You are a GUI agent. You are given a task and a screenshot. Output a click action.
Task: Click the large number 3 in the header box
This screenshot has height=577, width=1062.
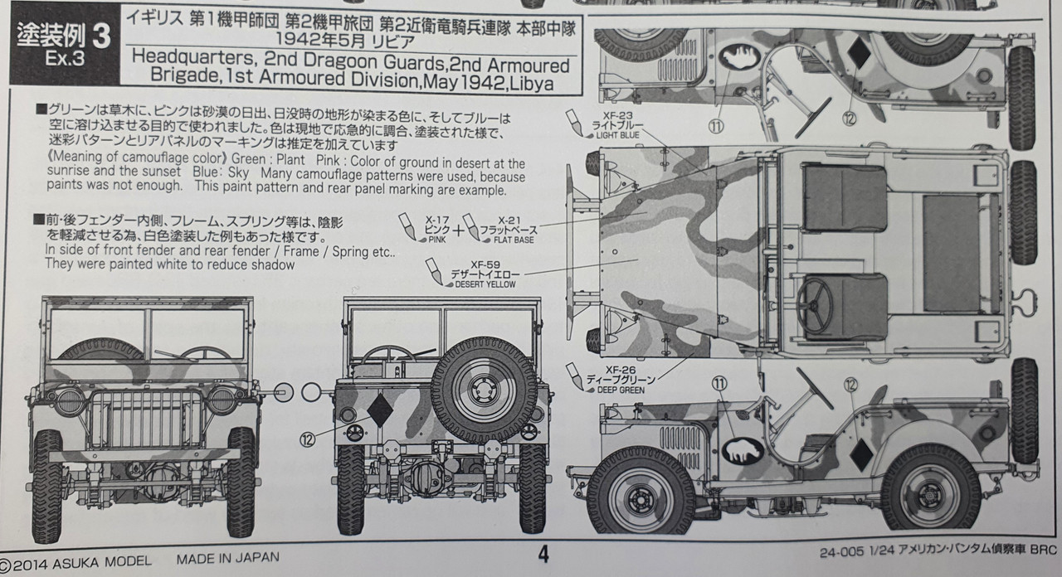tap(101, 36)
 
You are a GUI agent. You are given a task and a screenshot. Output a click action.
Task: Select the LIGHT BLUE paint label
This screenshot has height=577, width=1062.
tap(618, 135)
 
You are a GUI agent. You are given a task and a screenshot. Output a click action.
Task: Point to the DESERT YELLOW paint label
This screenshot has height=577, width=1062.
tap(485, 284)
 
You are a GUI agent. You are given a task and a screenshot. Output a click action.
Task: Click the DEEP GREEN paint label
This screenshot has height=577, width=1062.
tap(621, 390)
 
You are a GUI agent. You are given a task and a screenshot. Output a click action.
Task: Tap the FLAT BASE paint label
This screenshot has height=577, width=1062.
tap(514, 240)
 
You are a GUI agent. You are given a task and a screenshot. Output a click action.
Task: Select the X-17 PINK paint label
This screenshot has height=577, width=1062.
tap(436, 230)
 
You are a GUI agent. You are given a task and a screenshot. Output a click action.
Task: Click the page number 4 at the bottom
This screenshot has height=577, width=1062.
tap(543, 555)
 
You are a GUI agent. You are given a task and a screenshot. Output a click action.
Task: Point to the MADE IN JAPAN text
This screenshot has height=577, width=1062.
tap(227, 559)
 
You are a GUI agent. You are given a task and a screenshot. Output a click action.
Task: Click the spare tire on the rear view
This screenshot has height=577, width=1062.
tap(484, 391)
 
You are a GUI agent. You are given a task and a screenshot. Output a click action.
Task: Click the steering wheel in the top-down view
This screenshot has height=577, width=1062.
tap(815, 301)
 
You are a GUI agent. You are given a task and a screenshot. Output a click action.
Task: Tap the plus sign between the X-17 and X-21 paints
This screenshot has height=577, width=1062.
tap(459, 230)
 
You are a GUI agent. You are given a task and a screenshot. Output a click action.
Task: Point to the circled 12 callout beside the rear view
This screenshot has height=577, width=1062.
tap(307, 440)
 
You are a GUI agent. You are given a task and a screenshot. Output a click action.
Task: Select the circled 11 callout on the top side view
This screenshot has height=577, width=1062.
tap(716, 126)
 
